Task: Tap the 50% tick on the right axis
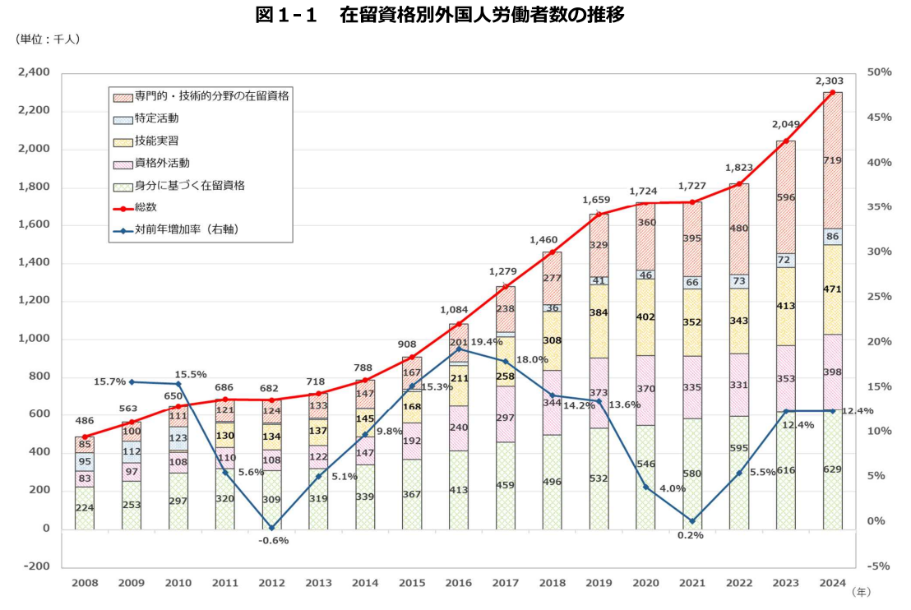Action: pos(880,73)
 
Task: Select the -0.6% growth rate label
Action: pos(272,540)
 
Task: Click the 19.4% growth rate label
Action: pos(487,341)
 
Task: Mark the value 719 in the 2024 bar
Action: pos(832,160)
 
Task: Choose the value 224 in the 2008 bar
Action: pos(85,507)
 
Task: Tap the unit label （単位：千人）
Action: pos(46,39)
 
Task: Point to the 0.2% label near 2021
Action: pos(691,535)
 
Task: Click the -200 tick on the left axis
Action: pos(36,567)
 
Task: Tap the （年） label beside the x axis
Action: pos(860,591)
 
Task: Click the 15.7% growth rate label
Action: pos(109,381)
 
